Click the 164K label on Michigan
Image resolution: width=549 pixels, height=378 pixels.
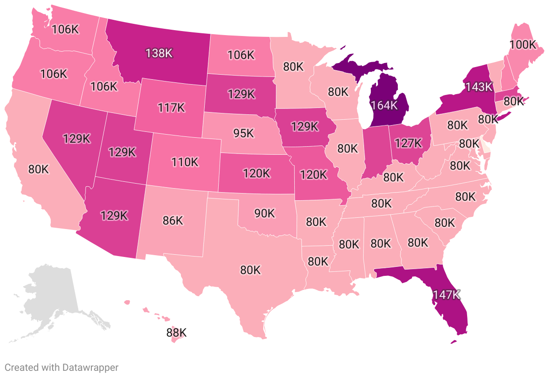(x=384, y=105)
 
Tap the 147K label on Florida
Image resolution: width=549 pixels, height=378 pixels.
(x=446, y=295)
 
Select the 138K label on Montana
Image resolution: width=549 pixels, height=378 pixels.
(x=159, y=53)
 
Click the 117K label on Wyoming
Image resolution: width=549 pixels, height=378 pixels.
(x=171, y=108)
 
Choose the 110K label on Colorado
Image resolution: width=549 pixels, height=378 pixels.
(x=184, y=162)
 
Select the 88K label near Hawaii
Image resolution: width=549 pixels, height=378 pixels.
(x=176, y=333)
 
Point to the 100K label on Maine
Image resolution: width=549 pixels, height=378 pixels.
(x=523, y=45)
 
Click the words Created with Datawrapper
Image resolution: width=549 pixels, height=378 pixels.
(x=62, y=367)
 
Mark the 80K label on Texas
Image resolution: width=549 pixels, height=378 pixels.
(x=250, y=270)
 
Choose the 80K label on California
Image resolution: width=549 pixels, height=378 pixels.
(x=38, y=169)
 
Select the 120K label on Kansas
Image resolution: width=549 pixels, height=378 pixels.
(x=256, y=173)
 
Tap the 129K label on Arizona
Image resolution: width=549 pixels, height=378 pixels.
(x=114, y=215)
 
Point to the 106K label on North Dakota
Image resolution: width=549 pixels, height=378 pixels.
(x=241, y=54)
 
